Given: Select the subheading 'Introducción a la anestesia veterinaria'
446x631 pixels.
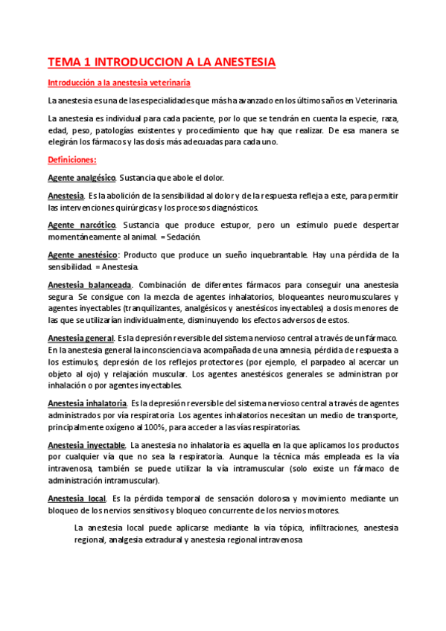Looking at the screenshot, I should click(x=118, y=83).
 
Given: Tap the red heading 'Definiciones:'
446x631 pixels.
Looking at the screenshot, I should click(x=71, y=160).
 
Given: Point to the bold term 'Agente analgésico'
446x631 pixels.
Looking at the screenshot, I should click(x=81, y=178).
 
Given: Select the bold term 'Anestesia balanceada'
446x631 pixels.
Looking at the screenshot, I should click(x=89, y=285).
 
